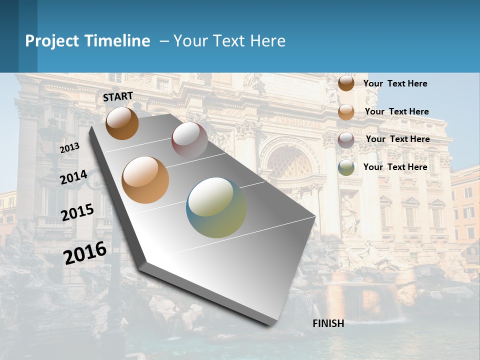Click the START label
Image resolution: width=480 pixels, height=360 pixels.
118,96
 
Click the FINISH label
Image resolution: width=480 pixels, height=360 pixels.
328,323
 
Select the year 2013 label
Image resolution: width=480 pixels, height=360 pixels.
69,148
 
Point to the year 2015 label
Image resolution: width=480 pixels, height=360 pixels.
77,212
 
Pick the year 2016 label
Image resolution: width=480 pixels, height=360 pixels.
85,253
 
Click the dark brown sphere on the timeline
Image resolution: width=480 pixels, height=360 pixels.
122,123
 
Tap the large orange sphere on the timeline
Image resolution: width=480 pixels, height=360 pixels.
145,180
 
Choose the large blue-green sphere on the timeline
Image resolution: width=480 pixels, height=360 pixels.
216,207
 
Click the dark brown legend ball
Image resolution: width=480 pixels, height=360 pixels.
346,83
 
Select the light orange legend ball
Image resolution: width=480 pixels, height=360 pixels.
346,112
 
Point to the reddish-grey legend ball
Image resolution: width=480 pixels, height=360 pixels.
346,139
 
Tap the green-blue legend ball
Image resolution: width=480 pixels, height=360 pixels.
346,167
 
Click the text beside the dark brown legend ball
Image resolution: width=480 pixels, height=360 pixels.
395,83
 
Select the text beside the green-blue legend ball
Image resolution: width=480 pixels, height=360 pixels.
395,167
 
